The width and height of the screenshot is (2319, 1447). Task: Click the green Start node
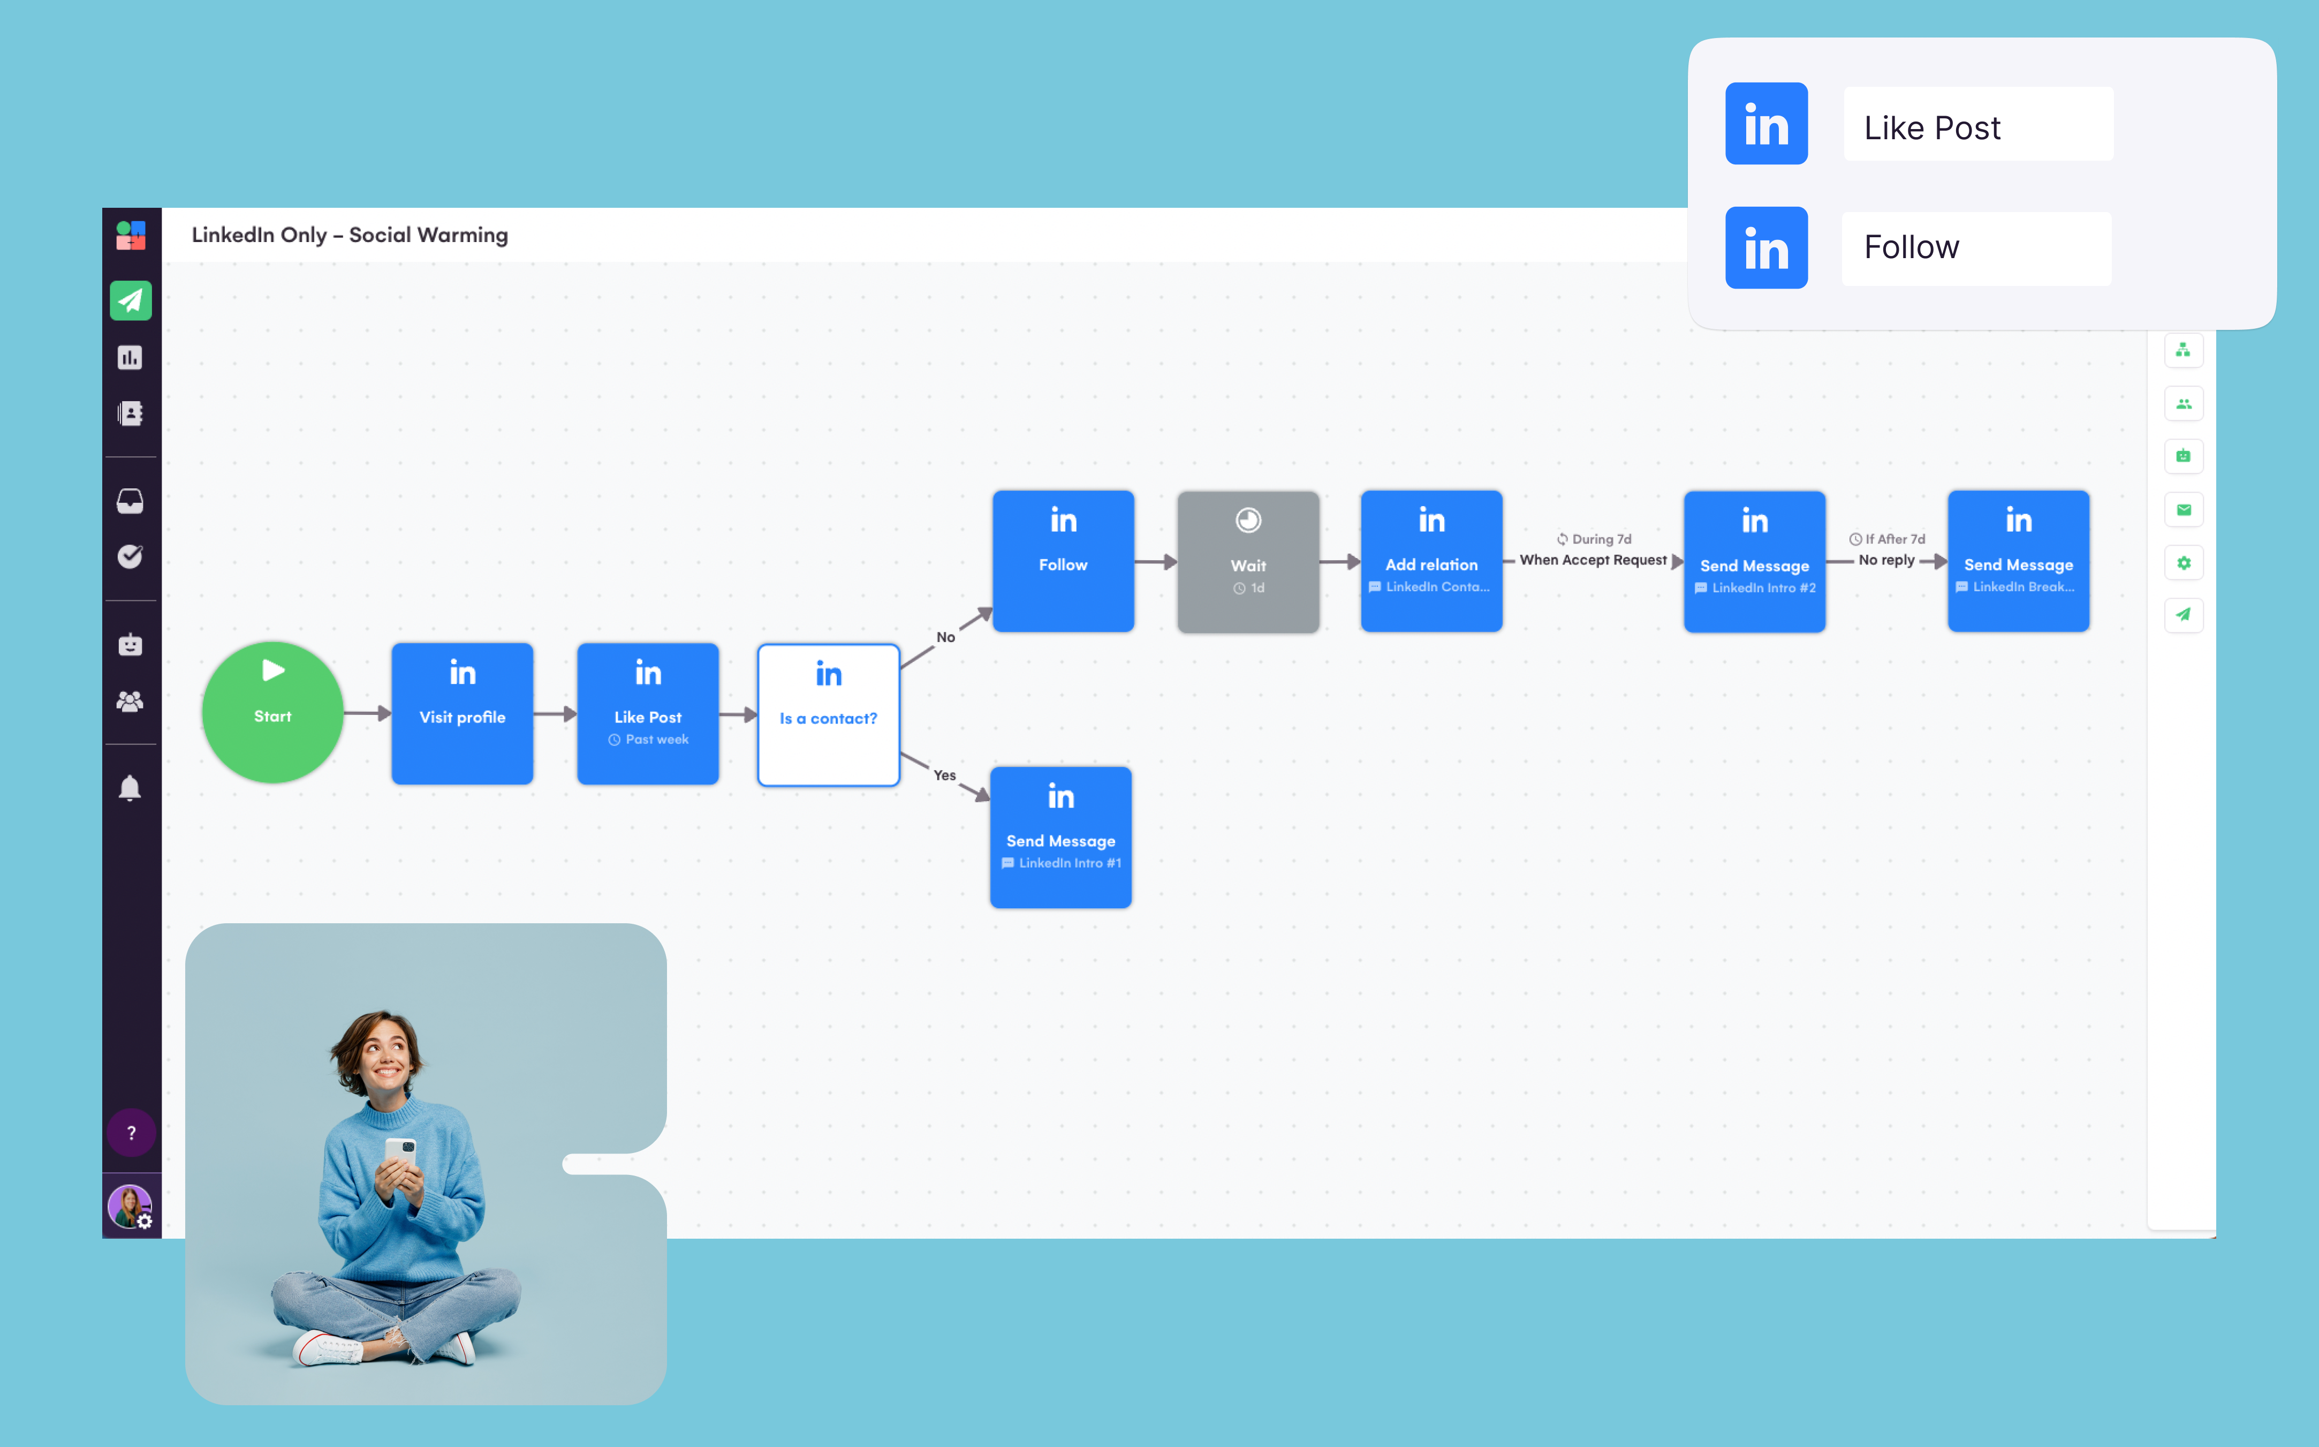click(x=272, y=712)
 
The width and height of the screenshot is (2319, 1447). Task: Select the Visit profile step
click(x=462, y=714)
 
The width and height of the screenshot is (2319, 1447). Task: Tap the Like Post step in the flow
click(x=648, y=714)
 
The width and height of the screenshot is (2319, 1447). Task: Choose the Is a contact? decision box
click(x=829, y=715)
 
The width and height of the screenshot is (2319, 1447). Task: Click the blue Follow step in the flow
click(x=1063, y=561)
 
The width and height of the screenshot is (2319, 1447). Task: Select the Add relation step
click(x=1431, y=561)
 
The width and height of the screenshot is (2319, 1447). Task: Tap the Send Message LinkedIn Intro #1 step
click(x=1061, y=838)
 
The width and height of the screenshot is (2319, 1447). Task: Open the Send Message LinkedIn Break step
click(x=2019, y=561)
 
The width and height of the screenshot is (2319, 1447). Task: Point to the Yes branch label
click(x=944, y=775)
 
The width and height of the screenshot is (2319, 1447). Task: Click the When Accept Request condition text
click(x=1593, y=560)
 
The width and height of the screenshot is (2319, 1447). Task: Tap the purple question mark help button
click(x=131, y=1133)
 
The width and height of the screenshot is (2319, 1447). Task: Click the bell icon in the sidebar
click(x=130, y=788)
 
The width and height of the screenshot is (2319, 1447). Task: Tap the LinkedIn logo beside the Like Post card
click(x=1766, y=124)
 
